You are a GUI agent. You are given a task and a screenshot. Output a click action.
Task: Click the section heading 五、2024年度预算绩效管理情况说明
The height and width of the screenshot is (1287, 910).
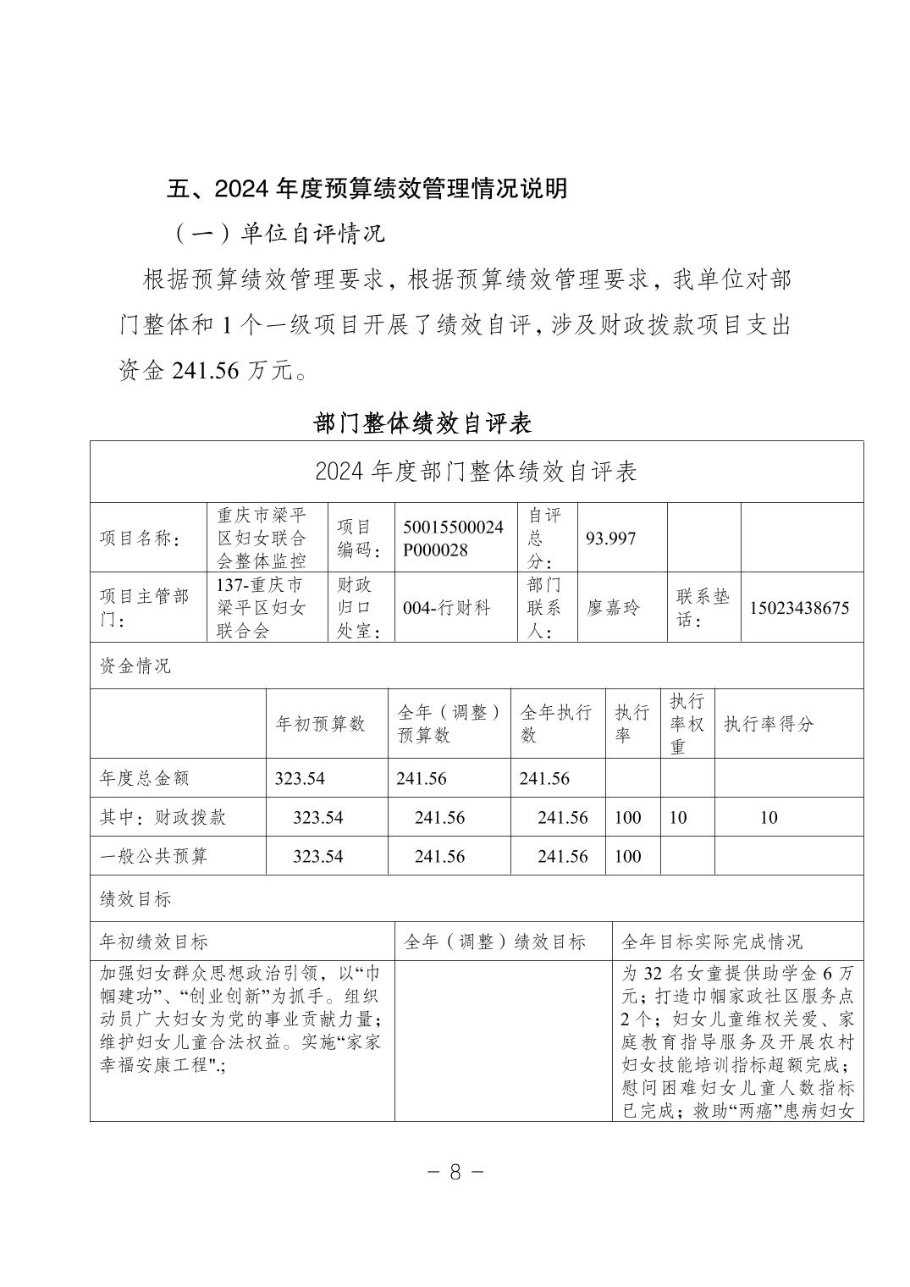366,188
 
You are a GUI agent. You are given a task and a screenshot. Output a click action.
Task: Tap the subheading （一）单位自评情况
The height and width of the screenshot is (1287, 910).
279,233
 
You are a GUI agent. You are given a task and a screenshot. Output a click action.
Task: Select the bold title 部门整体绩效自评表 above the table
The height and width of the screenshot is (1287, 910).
422,423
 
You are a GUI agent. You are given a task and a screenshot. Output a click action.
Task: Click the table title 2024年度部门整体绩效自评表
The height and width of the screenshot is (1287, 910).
476,472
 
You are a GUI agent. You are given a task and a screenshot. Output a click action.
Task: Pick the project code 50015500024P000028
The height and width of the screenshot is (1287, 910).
453,538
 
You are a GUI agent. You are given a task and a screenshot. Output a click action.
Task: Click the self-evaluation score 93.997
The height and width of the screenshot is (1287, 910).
610,539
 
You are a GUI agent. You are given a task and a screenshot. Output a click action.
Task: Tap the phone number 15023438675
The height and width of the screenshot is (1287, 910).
798,608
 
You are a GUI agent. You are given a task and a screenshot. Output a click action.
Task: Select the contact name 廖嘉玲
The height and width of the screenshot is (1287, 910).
613,608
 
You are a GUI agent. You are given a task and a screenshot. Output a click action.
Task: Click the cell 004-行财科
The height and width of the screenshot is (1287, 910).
446,608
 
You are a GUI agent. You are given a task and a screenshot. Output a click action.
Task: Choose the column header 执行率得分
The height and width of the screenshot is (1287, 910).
768,724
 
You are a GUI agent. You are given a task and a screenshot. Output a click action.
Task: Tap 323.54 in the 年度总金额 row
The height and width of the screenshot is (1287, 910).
300,779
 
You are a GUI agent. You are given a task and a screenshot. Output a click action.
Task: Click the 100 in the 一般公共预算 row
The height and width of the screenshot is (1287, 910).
627,856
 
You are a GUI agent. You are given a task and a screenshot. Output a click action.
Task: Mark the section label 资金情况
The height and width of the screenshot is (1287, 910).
135,666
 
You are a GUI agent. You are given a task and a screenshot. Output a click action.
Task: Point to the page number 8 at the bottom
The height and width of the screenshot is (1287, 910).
455,1172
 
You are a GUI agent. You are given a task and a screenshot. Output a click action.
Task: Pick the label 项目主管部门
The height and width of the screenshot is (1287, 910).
144,607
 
